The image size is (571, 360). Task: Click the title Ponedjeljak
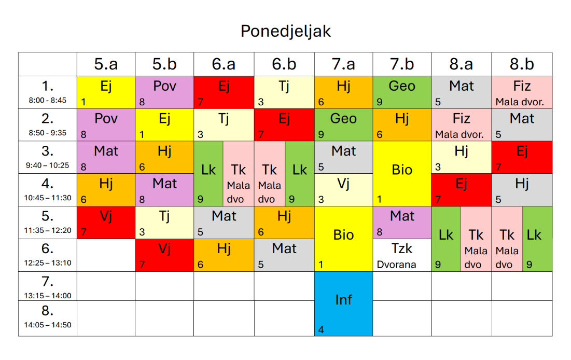coord(285,32)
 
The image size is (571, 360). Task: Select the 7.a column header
coord(343,64)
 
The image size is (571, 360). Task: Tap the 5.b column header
coord(164,64)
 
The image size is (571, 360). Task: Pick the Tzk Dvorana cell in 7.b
coord(402,255)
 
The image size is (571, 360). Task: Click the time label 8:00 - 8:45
coord(47,101)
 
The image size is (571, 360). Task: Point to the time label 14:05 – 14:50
coord(47,325)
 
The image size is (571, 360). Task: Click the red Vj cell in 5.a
coord(106,223)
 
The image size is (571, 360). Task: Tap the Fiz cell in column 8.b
coord(522,92)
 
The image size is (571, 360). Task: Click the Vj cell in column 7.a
coord(343,190)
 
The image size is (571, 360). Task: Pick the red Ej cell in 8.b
coord(522,157)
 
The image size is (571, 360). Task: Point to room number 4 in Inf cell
coord(321,329)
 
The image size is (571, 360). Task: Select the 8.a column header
coord(461,64)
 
